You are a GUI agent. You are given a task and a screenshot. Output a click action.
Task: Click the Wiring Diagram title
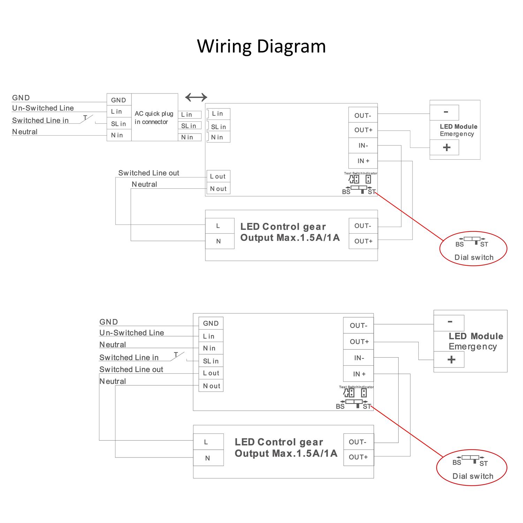261,46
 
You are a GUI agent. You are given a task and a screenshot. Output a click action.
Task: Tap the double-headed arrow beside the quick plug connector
196,97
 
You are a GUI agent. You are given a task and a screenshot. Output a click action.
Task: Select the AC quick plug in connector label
154,118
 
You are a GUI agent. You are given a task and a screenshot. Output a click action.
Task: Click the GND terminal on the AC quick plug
119,100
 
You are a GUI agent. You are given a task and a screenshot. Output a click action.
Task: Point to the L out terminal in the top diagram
218,176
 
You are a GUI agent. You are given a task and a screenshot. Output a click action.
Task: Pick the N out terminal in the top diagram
218,189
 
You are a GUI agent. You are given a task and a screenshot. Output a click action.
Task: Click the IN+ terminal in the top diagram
363,161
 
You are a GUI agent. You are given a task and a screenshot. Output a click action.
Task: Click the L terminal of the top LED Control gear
218,226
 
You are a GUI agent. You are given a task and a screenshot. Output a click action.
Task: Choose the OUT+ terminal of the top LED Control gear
363,241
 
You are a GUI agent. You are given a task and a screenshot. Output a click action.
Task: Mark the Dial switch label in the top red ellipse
474,257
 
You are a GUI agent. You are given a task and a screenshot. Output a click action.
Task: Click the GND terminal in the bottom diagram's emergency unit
211,323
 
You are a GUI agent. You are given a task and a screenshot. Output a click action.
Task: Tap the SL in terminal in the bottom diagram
211,361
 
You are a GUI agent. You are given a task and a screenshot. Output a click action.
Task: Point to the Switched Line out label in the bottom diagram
131,369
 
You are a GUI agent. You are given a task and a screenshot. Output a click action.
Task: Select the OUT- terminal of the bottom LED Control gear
358,442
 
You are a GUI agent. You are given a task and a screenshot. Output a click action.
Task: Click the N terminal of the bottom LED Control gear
208,458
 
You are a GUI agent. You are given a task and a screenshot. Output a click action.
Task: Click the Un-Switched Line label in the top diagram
43,108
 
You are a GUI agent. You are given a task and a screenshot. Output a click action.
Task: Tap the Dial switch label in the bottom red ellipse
473,476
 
